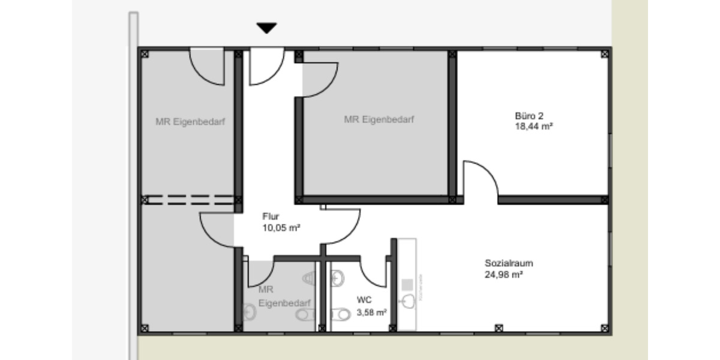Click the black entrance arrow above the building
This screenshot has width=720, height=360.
(x=266, y=28)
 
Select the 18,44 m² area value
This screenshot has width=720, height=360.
(x=533, y=127)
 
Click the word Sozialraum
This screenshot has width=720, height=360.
(x=509, y=263)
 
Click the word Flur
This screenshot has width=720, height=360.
(x=271, y=216)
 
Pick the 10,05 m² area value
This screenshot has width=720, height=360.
(x=281, y=227)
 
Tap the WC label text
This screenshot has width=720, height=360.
(x=364, y=299)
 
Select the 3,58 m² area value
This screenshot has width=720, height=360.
(x=371, y=312)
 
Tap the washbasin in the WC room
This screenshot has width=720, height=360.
(x=337, y=277)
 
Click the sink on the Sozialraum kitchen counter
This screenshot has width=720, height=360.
(x=409, y=300)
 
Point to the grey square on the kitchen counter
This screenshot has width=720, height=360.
(x=407, y=283)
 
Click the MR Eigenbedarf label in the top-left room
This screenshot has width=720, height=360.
(x=190, y=122)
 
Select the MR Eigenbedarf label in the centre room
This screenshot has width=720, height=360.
(x=379, y=119)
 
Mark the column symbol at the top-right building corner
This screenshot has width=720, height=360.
(x=605, y=54)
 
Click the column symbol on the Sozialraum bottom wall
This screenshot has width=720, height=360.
(x=498, y=328)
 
